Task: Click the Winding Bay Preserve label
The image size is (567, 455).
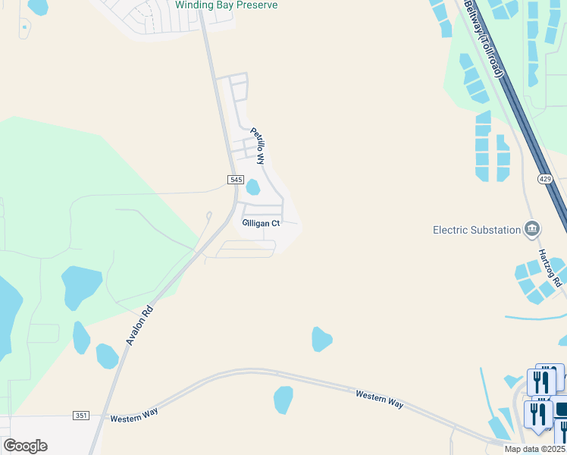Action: (x=226, y=5)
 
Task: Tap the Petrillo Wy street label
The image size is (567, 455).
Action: (x=258, y=146)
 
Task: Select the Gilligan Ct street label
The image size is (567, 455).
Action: (x=261, y=224)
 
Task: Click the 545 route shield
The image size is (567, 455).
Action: (x=235, y=179)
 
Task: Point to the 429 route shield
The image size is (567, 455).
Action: (x=545, y=179)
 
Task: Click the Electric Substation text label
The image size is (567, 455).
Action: (x=476, y=230)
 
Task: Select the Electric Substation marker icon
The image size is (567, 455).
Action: (x=532, y=229)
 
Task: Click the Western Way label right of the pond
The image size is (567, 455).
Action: (x=379, y=399)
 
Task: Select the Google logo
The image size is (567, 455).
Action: (x=25, y=445)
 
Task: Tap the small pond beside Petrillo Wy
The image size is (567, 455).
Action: (x=253, y=187)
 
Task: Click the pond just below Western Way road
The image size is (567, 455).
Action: (x=283, y=400)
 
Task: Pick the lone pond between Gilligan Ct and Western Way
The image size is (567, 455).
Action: (x=321, y=339)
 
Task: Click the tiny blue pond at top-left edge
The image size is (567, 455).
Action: (x=24, y=27)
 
